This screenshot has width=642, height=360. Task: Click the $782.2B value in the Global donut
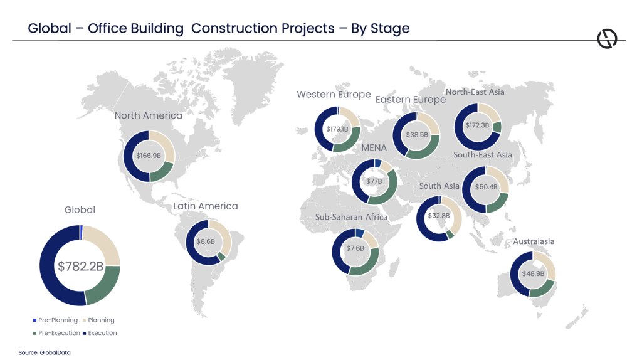click(x=80, y=266)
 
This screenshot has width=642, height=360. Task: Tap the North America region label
click(x=149, y=115)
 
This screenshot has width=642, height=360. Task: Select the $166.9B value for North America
click(x=149, y=156)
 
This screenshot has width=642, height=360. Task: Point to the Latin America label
click(x=206, y=206)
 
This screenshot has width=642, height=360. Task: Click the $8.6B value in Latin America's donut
click(x=209, y=241)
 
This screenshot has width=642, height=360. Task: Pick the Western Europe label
click(x=334, y=95)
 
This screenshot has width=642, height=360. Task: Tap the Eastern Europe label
click(x=411, y=100)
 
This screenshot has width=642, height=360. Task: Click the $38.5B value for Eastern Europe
click(x=416, y=135)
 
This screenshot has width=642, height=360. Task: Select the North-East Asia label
click(x=475, y=92)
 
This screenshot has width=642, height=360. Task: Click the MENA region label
click(x=374, y=148)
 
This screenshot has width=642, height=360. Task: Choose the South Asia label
click(x=439, y=186)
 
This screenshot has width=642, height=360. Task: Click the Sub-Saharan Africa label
click(x=352, y=217)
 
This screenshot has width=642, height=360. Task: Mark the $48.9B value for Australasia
click(x=533, y=274)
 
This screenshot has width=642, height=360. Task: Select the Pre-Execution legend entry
click(x=55, y=333)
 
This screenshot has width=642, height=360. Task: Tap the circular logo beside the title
click(x=607, y=39)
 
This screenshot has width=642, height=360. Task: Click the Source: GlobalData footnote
click(x=45, y=352)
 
